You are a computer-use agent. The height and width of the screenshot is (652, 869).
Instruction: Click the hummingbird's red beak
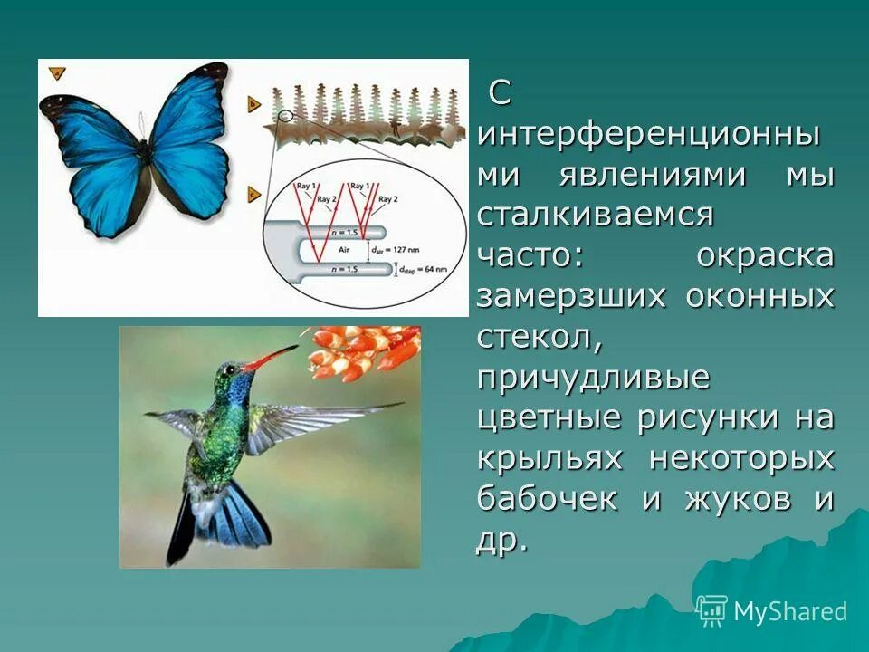[x=272, y=358]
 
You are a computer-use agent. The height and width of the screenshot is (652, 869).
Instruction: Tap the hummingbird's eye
[x=235, y=369]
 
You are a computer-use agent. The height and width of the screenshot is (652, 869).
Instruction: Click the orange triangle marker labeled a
[x=55, y=73]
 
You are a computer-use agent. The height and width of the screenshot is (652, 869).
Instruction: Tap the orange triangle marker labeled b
[x=253, y=104]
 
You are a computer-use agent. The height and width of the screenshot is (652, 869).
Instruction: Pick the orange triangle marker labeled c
[x=253, y=193]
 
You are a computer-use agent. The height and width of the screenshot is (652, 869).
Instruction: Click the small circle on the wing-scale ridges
[x=286, y=116]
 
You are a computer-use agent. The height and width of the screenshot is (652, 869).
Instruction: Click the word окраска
[x=765, y=256]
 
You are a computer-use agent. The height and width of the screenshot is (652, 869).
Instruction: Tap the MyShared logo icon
[x=711, y=610]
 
